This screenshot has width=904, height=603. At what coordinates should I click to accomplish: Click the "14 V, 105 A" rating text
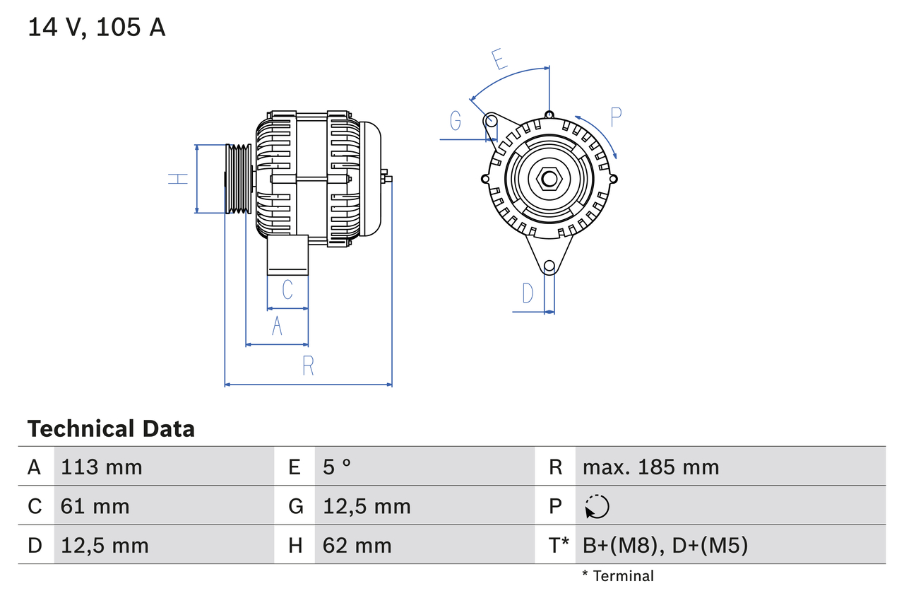click(97, 28)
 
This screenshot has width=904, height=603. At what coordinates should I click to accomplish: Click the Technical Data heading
click(111, 428)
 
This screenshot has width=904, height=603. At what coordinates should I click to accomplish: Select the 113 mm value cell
click(102, 467)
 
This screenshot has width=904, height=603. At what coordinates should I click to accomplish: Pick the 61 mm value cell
click(95, 506)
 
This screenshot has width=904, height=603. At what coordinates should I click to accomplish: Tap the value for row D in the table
click(105, 545)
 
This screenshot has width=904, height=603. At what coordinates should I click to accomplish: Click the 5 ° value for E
click(337, 467)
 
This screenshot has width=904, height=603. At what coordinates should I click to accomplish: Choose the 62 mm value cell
click(357, 545)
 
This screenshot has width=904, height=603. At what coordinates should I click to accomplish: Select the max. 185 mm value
click(650, 467)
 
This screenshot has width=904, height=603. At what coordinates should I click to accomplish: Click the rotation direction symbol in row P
click(597, 506)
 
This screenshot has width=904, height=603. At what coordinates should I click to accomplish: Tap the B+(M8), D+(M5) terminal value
click(665, 545)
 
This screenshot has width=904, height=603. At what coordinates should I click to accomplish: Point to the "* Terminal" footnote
click(618, 576)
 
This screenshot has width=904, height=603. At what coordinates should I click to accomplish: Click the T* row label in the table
click(559, 545)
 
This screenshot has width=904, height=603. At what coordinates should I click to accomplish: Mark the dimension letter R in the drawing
click(308, 365)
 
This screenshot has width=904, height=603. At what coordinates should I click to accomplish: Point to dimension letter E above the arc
click(500, 59)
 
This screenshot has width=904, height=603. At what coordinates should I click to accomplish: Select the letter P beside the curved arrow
click(615, 117)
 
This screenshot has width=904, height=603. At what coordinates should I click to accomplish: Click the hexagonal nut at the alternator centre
click(549, 179)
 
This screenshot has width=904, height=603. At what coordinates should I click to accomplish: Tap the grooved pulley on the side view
click(238, 179)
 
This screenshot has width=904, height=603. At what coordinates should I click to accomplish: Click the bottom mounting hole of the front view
click(549, 266)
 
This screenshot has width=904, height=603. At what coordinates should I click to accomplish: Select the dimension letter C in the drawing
click(287, 290)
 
